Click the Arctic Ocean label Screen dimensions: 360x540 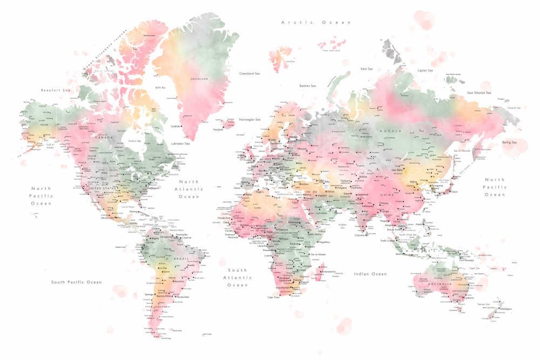316,22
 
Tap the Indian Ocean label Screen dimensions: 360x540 370,274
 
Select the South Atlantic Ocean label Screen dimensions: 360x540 237,277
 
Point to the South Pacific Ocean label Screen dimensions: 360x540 76,282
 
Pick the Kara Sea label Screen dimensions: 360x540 367,69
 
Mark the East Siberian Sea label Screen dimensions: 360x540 479,93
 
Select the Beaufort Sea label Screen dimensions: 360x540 56,90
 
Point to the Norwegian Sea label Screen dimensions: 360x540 249,119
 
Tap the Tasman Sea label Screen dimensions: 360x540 485,304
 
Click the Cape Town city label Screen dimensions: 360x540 274,297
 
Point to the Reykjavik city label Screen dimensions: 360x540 218,130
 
